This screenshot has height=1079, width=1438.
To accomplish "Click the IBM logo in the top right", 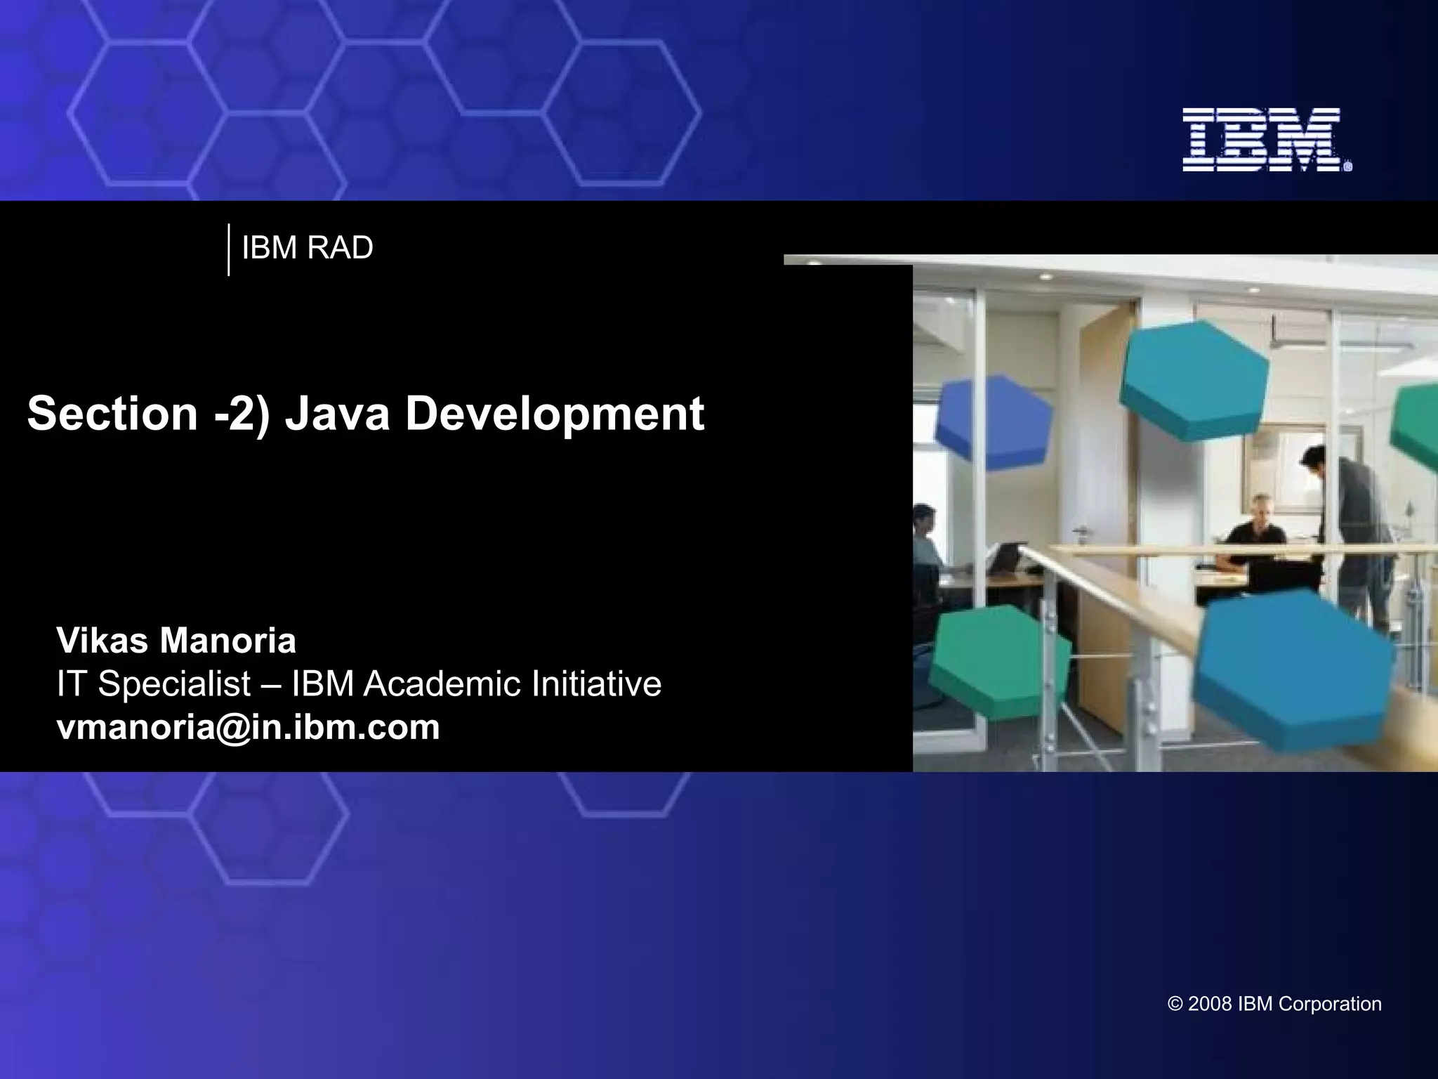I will [1266, 140].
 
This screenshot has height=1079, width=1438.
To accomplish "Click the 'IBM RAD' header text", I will [307, 248].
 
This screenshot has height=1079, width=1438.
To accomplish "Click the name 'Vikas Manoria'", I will [176, 640].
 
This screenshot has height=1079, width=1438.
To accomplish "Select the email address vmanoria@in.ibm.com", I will [248, 726].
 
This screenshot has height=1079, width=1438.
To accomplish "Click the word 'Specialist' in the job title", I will [174, 684].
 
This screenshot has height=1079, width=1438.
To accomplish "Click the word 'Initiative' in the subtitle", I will [596, 684].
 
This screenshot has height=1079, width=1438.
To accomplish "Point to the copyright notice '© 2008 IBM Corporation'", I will [1274, 1004].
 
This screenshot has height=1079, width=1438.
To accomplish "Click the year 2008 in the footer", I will [1211, 1004].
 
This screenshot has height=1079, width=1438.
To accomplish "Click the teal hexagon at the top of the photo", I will [1194, 379].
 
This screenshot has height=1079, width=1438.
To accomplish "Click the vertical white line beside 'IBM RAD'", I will [229, 249].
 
